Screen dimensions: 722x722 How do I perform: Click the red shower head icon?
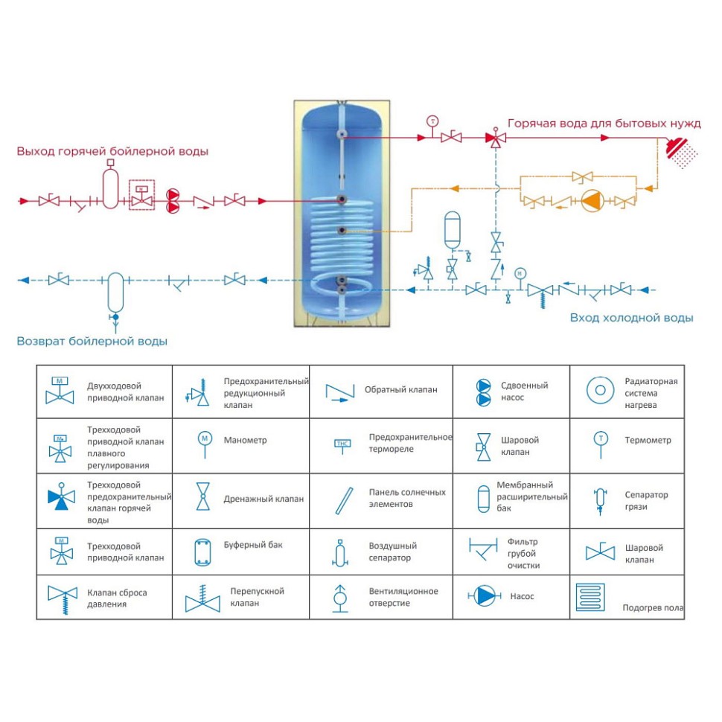click(679, 150)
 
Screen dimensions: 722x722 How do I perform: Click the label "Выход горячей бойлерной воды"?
click(112, 151)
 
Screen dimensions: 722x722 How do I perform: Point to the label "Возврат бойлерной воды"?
click(92, 341)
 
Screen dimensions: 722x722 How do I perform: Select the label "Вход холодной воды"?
click(631, 318)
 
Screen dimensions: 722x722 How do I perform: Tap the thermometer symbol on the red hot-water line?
click(432, 122)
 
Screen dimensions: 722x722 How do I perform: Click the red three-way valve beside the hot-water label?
click(495, 138)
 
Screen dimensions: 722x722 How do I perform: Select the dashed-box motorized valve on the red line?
click(141, 194)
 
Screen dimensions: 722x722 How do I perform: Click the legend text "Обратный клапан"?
click(400, 389)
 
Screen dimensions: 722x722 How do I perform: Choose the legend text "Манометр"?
click(245, 440)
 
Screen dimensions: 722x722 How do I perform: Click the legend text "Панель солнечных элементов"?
click(407, 498)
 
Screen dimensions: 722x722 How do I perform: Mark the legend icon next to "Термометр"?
click(600, 441)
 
